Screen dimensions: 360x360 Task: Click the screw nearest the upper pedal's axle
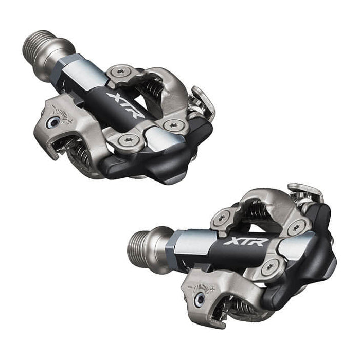point(122,71)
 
